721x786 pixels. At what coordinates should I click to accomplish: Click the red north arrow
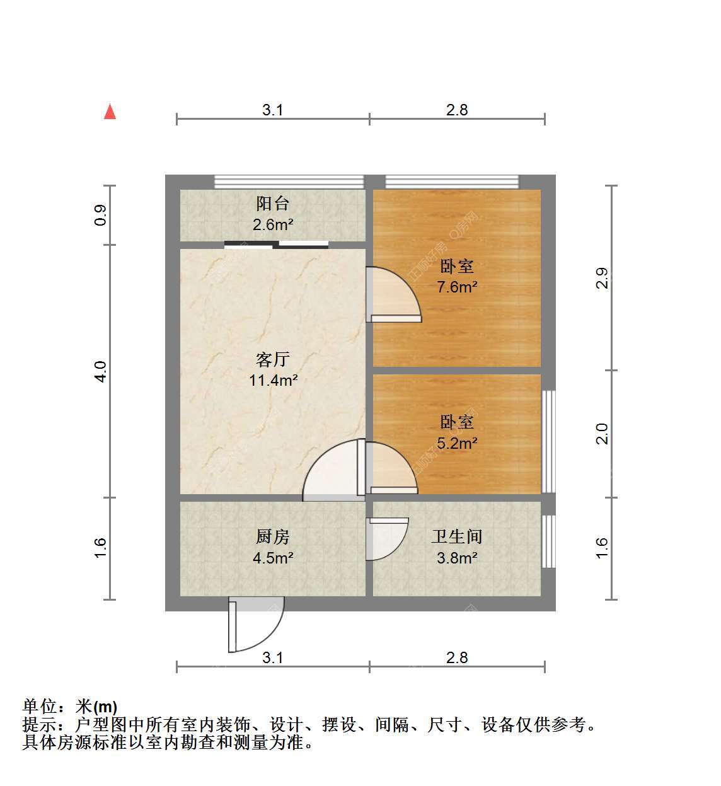110,112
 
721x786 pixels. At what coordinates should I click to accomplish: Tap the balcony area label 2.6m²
273,225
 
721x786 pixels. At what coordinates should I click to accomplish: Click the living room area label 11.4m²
273,380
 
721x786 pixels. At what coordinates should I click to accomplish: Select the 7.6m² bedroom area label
457,287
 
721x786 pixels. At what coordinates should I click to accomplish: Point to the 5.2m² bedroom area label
457,443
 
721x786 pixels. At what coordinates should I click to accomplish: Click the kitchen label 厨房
273,536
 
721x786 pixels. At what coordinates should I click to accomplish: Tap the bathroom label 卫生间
457,536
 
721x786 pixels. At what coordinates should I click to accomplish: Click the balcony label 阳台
273,204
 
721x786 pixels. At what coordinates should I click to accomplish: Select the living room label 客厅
273,359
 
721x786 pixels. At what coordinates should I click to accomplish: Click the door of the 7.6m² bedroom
393,294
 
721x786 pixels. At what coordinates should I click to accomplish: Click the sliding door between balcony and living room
276,245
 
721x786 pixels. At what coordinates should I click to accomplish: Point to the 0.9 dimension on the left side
100,215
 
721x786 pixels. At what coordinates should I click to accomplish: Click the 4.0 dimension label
100,371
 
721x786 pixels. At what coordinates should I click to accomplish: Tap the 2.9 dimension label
602,278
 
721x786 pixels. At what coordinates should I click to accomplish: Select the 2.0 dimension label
602,434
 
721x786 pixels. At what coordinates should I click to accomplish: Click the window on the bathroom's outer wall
548,541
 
